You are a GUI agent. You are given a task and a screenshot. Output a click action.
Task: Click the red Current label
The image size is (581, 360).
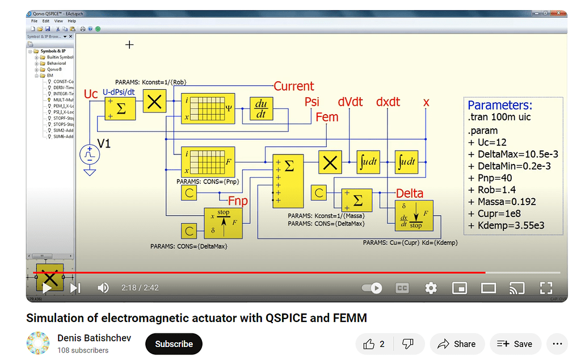293,86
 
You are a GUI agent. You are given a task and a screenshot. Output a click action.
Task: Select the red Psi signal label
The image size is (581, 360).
312,102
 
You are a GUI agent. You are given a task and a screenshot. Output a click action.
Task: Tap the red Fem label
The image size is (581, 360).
326,117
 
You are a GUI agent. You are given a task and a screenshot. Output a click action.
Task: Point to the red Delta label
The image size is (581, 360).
409,194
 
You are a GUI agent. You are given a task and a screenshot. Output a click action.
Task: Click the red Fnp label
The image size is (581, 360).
238,200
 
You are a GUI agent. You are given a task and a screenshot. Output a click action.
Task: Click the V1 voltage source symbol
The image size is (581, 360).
89,154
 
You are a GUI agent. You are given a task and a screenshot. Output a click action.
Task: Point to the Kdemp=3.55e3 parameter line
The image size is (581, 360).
507,225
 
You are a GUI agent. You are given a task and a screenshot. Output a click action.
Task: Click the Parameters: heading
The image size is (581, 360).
500,105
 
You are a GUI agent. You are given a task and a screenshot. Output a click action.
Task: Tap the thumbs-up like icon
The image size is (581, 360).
369,344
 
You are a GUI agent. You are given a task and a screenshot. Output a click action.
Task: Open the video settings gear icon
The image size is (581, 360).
431,288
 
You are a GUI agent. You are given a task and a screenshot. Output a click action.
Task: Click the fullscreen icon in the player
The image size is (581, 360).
545,288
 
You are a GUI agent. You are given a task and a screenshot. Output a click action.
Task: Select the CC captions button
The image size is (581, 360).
402,288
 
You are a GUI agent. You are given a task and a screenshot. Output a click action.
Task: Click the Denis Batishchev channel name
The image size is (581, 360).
94,338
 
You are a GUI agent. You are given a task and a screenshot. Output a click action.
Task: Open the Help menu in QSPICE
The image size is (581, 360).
72,21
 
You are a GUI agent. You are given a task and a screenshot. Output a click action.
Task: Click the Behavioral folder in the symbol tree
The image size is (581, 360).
56,64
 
